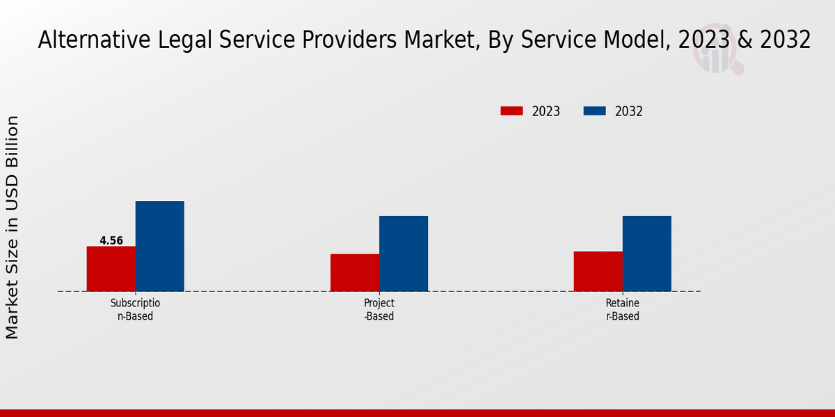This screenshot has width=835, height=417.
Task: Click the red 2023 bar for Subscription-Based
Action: (x=111, y=269)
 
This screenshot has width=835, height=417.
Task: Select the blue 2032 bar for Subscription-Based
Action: (x=159, y=246)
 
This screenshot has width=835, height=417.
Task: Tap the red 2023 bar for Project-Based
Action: (x=355, y=272)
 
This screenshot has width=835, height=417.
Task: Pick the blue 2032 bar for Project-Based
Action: (x=404, y=254)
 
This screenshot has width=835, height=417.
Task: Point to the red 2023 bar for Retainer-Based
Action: (x=598, y=271)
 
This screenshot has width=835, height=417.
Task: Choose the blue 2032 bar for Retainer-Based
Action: (x=646, y=254)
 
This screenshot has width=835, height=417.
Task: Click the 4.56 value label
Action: (x=111, y=241)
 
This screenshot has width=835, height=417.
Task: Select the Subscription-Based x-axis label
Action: (x=135, y=310)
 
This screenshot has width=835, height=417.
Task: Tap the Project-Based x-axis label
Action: (x=379, y=310)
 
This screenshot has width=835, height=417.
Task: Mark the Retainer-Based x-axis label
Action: (x=622, y=310)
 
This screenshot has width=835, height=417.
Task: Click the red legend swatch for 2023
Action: (x=511, y=111)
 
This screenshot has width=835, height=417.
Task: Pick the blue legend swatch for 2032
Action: (x=594, y=111)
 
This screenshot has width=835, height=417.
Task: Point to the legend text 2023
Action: (x=546, y=111)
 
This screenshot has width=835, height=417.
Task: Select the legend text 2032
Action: (x=629, y=111)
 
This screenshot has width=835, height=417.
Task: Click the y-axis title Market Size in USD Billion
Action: (x=13, y=228)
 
